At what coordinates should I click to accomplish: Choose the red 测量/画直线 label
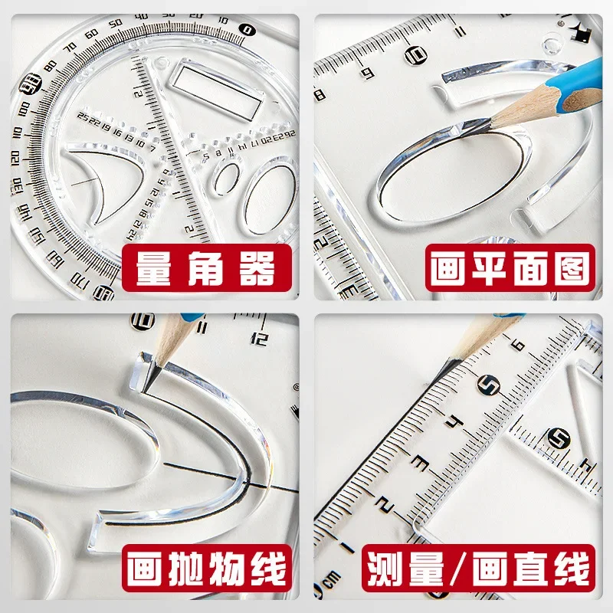pos(480,571)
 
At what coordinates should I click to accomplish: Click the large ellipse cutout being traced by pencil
pos(448,175)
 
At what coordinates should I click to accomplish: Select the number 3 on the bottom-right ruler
pos(419,461)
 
